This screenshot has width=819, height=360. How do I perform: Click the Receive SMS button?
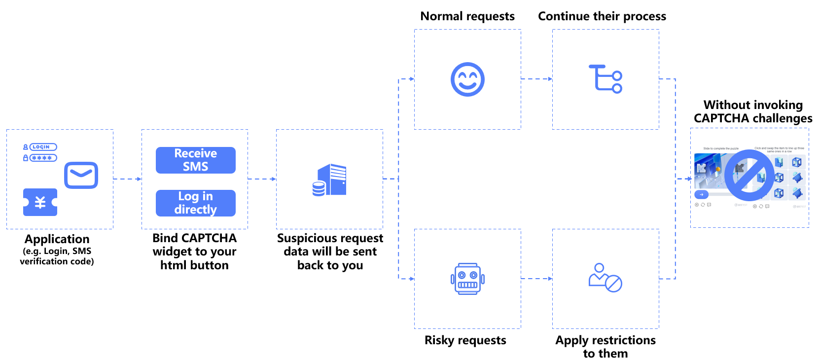pyautogui.click(x=195, y=160)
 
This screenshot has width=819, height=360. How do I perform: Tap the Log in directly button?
pyautogui.click(x=195, y=203)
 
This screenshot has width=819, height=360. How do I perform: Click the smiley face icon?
pyautogui.click(x=467, y=79)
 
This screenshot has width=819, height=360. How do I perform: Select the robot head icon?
pyautogui.click(x=467, y=279)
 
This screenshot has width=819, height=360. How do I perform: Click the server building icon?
pyautogui.click(x=330, y=180)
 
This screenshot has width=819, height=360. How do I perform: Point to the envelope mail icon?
pyautogui.click(x=81, y=175)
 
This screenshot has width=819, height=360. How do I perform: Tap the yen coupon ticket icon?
pyautogui.click(x=40, y=202)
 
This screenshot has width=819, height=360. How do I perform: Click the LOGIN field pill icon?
pyautogui.click(x=43, y=147)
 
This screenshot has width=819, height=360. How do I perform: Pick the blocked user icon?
pyautogui.click(x=605, y=278)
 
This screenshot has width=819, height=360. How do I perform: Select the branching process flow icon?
pyautogui.click(x=605, y=79)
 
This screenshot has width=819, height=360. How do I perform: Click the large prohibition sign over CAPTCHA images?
pyautogui.click(x=749, y=175)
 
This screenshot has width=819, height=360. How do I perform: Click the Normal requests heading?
pyautogui.click(x=467, y=16)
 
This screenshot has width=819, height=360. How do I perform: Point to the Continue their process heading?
pyautogui.click(x=602, y=16)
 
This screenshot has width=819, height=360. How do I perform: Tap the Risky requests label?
pyautogui.click(x=465, y=340)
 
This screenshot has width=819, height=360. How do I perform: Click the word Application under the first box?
pyautogui.click(x=57, y=239)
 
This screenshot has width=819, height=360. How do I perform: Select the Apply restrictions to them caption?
pyautogui.click(x=605, y=347)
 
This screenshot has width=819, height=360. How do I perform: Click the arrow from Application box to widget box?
pyautogui.click(x=127, y=179)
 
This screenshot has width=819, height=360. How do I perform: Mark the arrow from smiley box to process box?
pyautogui.click(x=536, y=79)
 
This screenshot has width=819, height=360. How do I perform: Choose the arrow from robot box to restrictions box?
pyautogui.click(x=536, y=279)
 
